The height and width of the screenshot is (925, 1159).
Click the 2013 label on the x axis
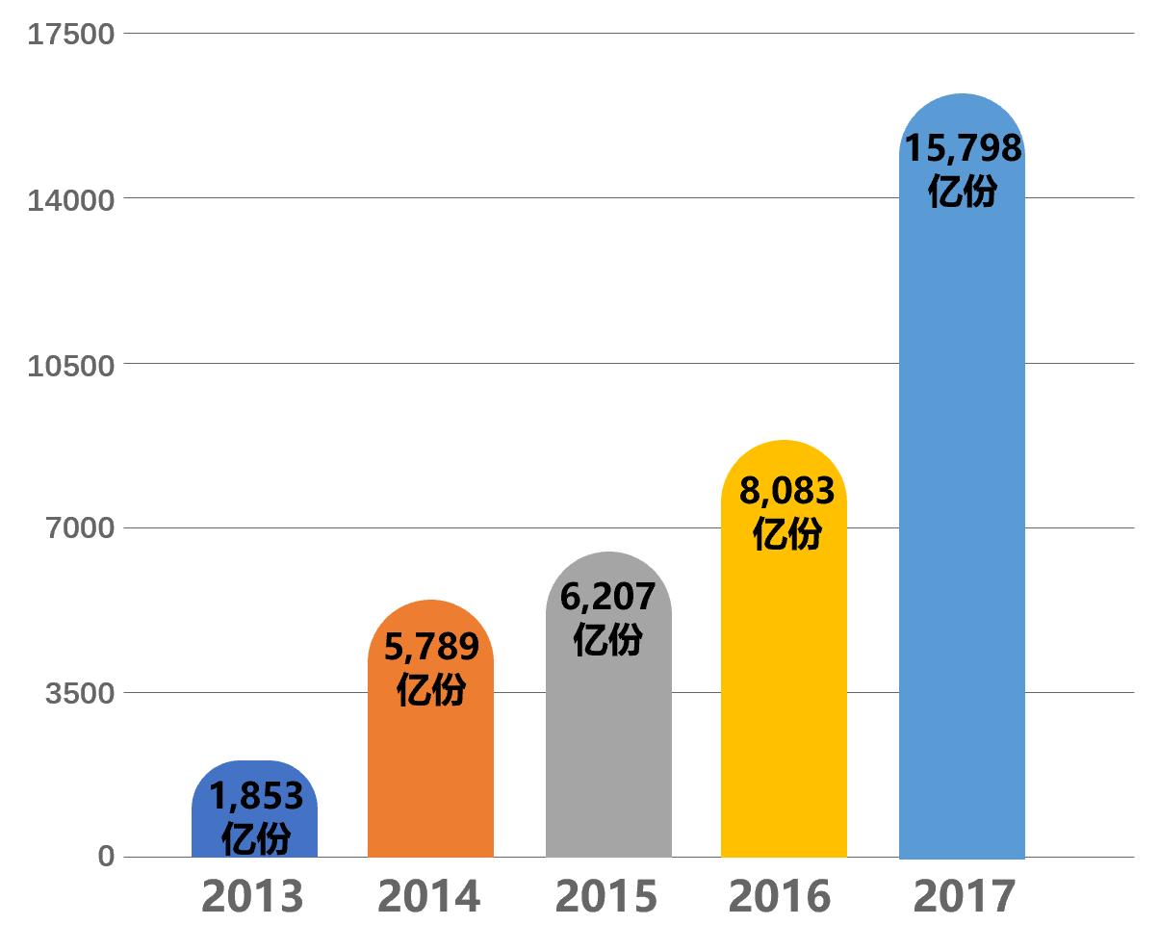point(252,896)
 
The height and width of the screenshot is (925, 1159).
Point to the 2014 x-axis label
point(428,896)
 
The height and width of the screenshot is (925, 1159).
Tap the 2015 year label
point(605,896)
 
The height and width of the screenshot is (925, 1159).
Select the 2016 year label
point(780,896)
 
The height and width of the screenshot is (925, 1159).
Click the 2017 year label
point(964,896)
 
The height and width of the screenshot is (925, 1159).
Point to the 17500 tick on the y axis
point(71,35)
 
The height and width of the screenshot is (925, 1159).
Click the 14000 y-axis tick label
point(71,199)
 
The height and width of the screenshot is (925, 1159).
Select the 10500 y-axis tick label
point(71,365)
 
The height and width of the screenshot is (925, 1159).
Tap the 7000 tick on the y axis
point(80,528)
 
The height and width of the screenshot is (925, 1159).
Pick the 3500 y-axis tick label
point(80,693)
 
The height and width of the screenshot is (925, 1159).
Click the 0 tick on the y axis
point(106,857)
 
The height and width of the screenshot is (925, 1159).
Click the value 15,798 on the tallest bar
point(962,148)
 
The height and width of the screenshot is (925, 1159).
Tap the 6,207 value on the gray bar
point(607,597)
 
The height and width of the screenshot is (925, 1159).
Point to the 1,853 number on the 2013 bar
point(256,796)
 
